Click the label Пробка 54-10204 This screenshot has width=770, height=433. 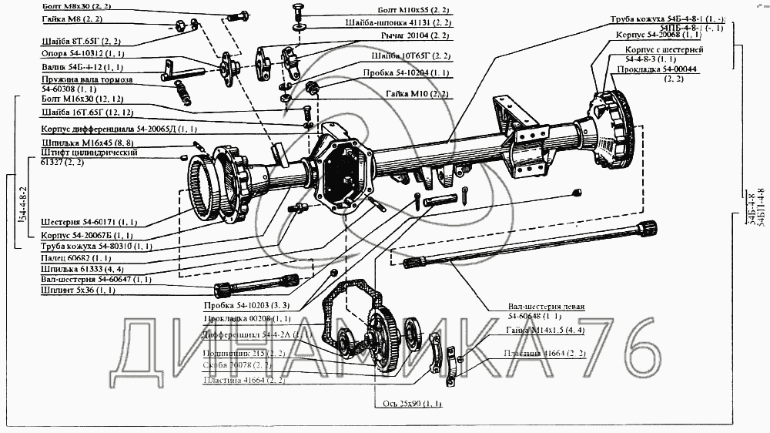tap(406, 72)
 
